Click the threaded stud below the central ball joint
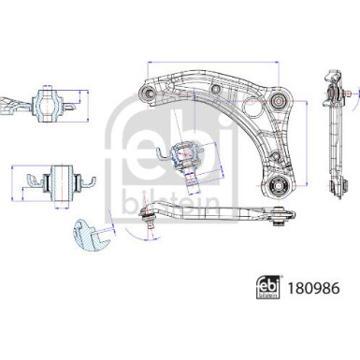pyautogui.click(x=187, y=175)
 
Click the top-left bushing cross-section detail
pyautogui.click(x=46, y=104)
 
